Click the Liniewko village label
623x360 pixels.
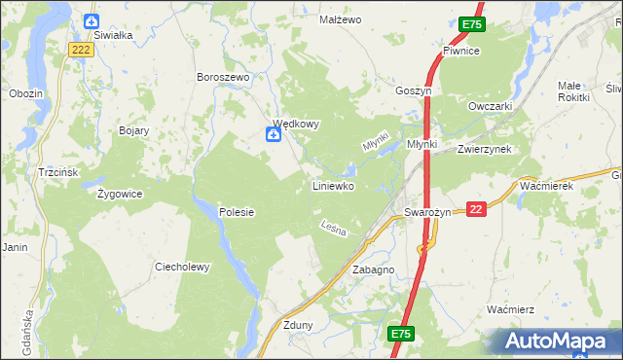[332, 185]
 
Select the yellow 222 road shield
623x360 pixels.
[81, 49]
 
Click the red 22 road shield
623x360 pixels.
[476, 209]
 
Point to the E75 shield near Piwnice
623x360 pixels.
[471, 24]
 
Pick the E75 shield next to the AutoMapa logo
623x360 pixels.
[401, 334]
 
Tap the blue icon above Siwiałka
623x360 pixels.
[92, 20]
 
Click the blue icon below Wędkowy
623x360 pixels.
[275, 136]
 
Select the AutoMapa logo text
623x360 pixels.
[558, 342]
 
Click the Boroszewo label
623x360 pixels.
[224, 77]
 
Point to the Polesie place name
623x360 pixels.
[237, 211]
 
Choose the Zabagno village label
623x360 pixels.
[373, 270]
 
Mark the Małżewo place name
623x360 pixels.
[341, 19]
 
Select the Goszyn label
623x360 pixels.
[413, 90]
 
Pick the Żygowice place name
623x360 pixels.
[120, 193]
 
